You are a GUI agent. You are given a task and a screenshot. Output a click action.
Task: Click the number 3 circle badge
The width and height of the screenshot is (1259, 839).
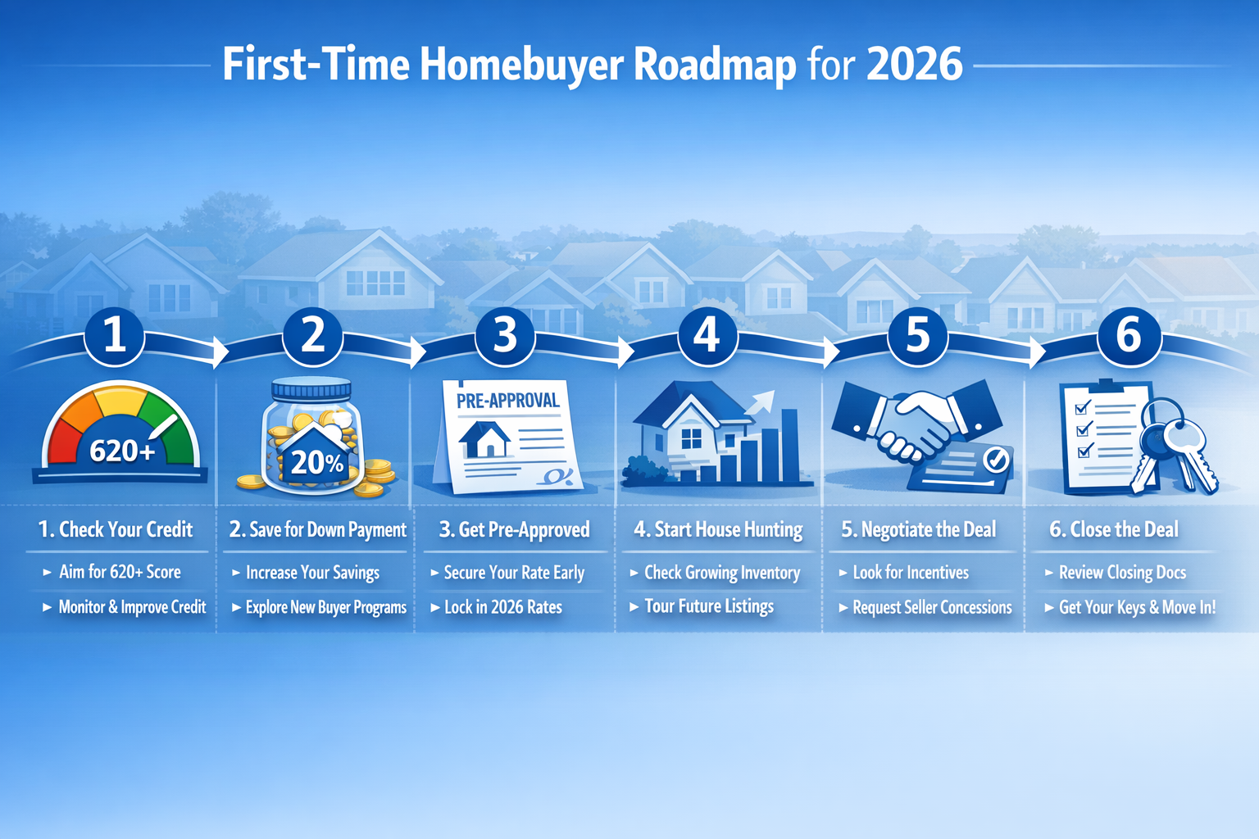point(505,336)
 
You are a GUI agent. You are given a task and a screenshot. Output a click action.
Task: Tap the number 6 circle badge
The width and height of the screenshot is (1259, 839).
point(1129,336)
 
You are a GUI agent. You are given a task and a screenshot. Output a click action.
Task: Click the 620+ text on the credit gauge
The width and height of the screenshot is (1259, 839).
point(122,451)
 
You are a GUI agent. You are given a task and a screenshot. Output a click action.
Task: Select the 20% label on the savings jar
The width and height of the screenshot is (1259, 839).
point(316,463)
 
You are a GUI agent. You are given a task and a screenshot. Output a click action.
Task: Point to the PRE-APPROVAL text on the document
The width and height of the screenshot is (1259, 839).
point(508,401)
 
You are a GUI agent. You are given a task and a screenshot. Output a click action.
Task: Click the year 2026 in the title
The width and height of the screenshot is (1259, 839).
point(914,65)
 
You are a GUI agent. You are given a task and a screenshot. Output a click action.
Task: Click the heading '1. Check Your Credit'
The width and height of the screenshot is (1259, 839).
point(116,529)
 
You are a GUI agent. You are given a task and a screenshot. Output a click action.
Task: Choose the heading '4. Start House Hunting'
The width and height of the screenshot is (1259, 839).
point(718,529)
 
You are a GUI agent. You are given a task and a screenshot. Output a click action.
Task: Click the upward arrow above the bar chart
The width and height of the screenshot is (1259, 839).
point(762,401)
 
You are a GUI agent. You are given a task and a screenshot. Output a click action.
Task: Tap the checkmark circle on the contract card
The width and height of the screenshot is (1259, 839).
point(996,460)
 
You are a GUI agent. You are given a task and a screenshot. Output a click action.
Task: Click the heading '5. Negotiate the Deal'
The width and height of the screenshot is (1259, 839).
point(919,529)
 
